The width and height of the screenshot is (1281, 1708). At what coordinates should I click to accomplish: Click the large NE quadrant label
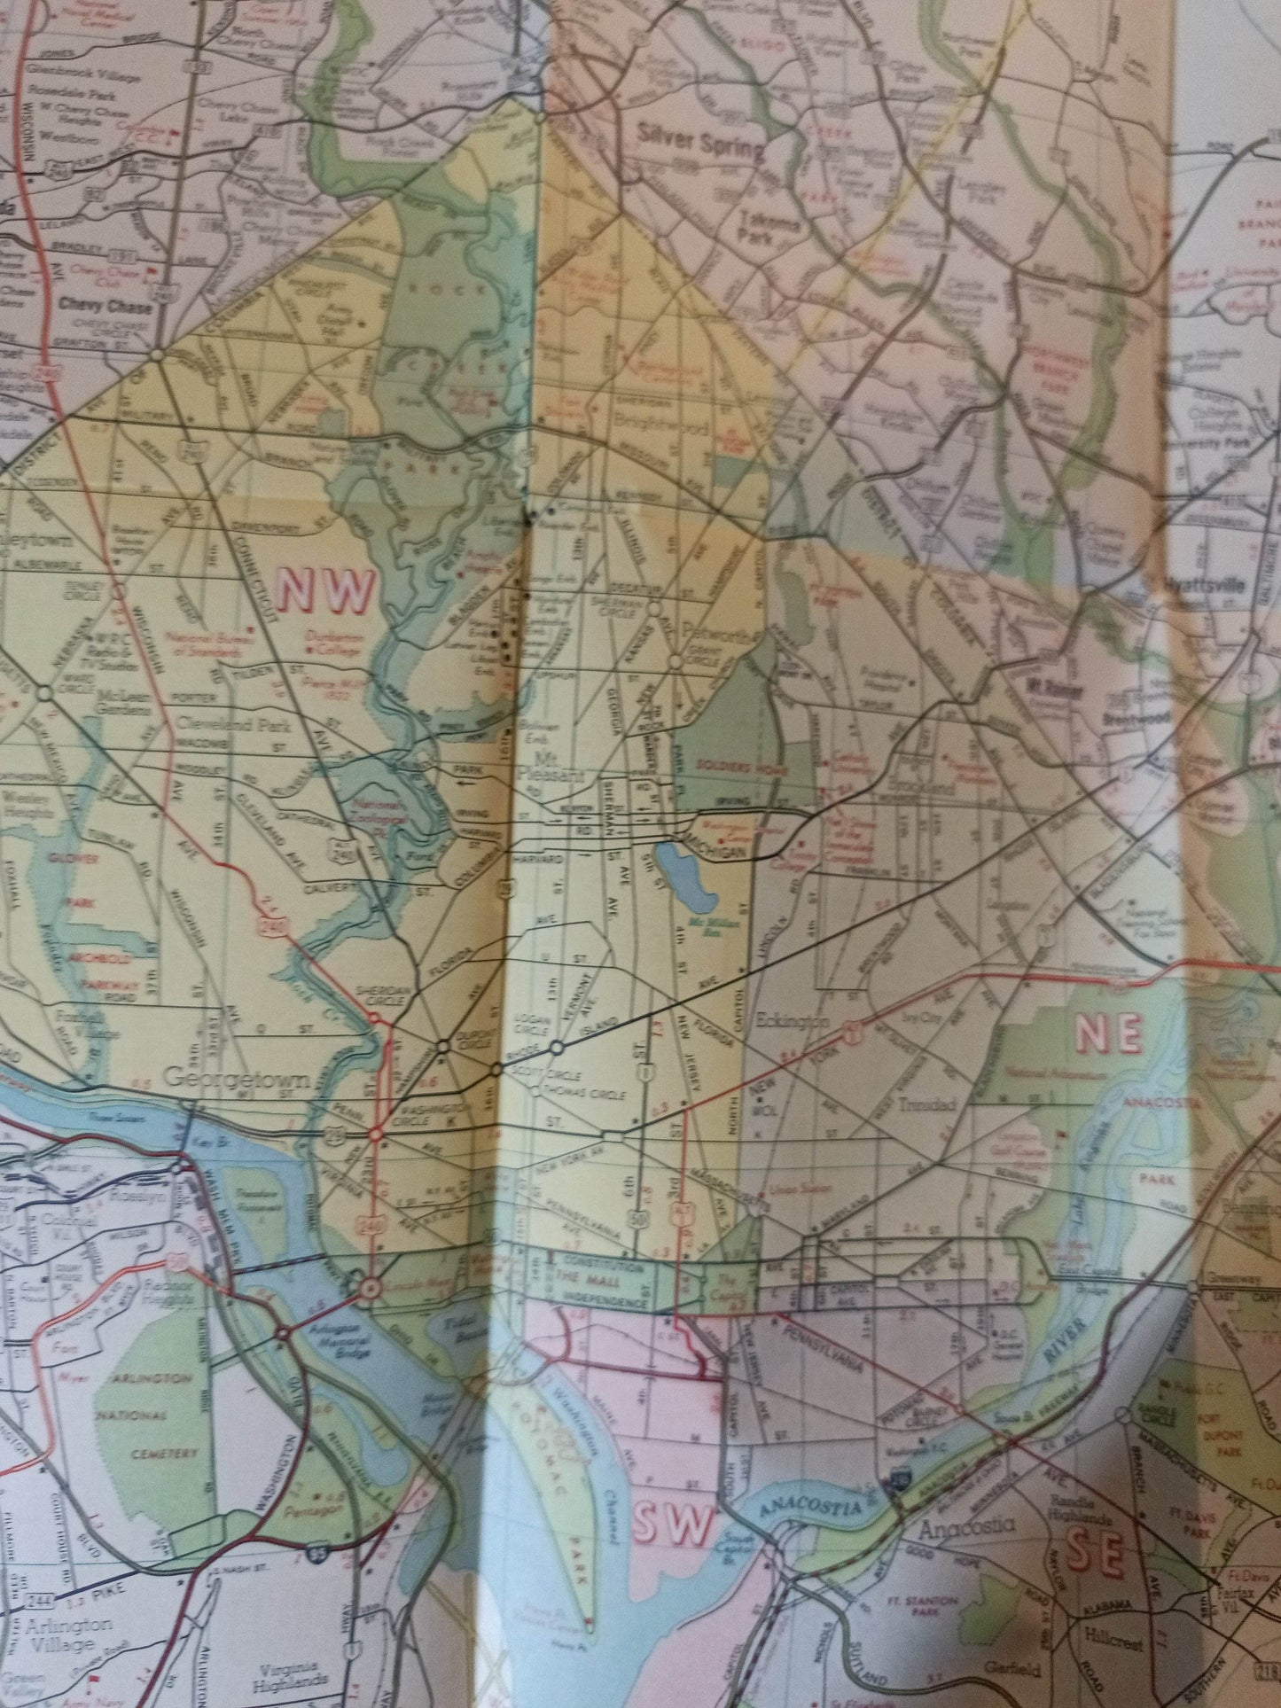click(1107, 1034)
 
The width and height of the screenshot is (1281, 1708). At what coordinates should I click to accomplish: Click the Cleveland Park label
click(215, 722)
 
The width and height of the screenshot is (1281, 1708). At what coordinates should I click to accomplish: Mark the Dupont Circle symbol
click(441, 1046)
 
